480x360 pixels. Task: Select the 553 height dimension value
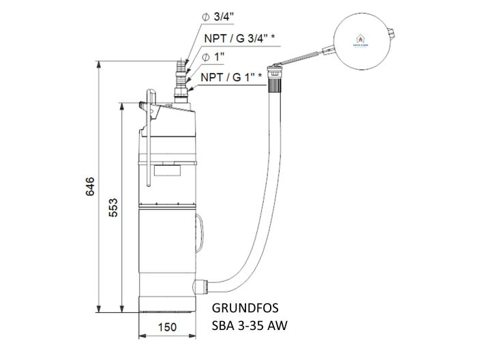pyautogui.click(x=114, y=207)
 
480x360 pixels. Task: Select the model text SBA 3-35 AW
pyautogui.click(x=250, y=326)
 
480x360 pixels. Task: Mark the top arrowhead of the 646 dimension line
pyautogui.click(x=100, y=64)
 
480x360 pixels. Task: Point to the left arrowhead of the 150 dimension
pyautogui.click(x=142, y=335)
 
